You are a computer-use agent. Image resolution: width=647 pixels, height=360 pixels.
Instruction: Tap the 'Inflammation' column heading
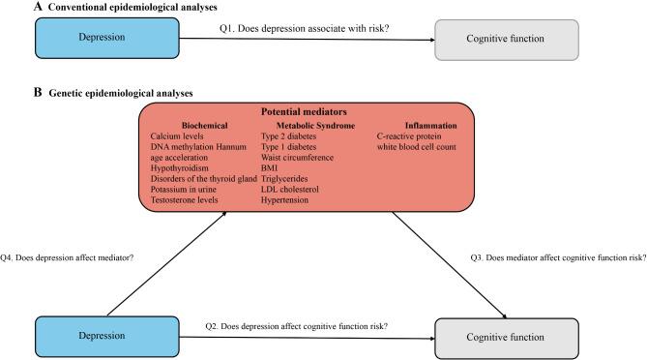coord(429,125)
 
